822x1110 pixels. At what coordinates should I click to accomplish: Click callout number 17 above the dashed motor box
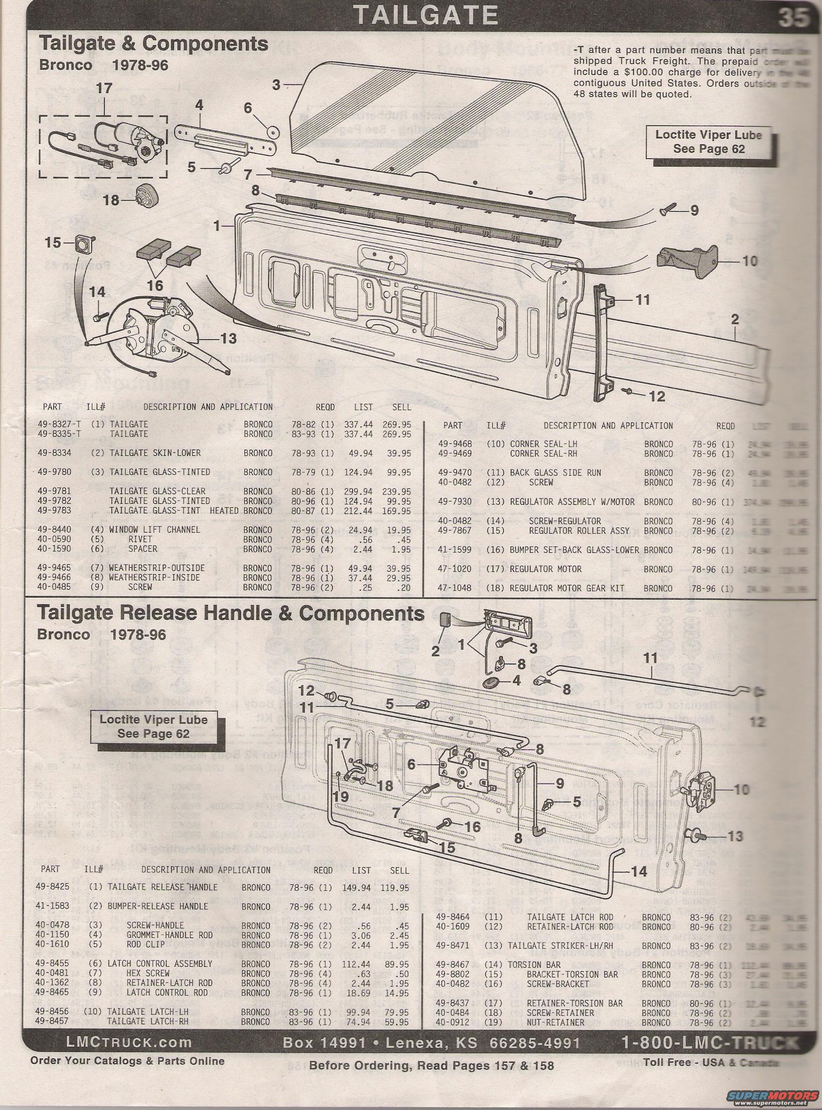tap(104, 88)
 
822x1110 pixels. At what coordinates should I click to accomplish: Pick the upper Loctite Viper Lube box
tap(708, 142)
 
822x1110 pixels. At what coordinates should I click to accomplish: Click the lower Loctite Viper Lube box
tap(153, 726)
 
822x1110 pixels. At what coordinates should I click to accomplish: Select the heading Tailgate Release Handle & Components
tap(230, 614)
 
